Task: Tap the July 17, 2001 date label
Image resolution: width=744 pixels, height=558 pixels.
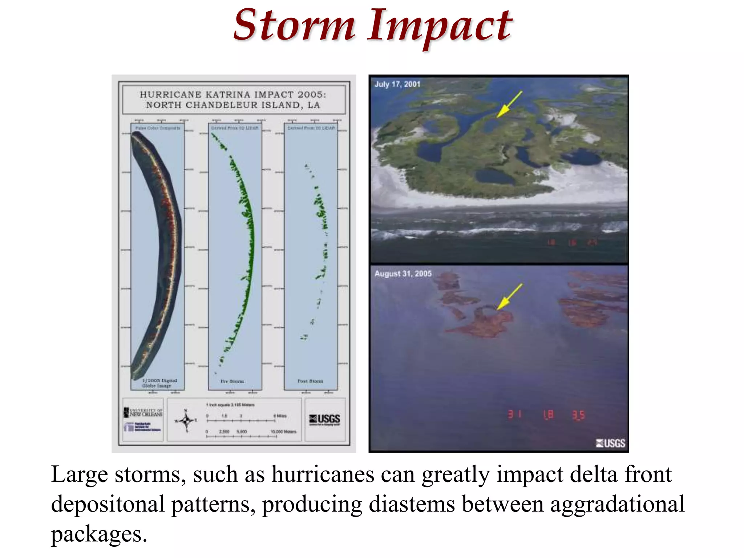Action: click(397, 84)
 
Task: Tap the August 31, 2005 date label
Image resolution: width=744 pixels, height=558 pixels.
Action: click(403, 274)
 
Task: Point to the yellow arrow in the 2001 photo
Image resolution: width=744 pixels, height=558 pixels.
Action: click(509, 104)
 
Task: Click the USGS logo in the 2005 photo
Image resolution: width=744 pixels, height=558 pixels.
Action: click(610, 443)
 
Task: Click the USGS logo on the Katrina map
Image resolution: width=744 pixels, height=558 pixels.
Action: click(324, 420)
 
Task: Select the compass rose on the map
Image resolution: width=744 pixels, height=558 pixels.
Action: click(186, 420)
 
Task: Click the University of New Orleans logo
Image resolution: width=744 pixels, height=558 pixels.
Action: click(143, 412)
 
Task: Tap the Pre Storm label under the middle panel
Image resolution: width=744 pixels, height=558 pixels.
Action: click(232, 381)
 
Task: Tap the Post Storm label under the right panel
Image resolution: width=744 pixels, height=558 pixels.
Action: click(310, 381)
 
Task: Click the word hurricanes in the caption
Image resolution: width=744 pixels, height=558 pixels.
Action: click(323, 474)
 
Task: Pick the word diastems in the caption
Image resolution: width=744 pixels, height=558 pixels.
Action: click(412, 504)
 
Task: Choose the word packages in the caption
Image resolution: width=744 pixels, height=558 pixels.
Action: click(99, 534)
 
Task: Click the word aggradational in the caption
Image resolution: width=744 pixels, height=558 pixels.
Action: click(617, 504)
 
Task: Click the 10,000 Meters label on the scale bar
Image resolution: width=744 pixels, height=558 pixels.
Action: click(283, 432)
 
